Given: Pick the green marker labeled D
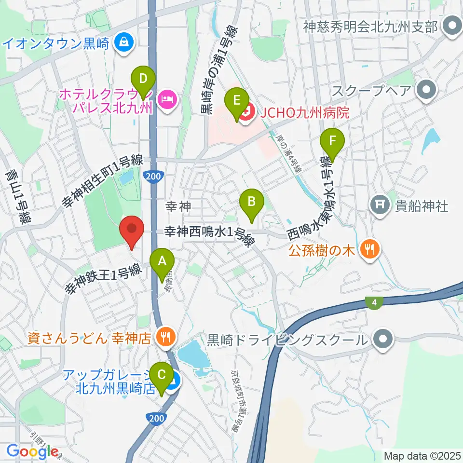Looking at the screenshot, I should coord(143,78).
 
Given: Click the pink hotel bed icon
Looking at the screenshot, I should coord(167,100).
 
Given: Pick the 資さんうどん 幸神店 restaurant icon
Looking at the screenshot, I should coord(166,336).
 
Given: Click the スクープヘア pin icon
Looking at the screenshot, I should coord(426,90).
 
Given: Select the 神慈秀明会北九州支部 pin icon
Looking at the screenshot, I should coord(452,26).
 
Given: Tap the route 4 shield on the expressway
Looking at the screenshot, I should coord(375,302).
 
